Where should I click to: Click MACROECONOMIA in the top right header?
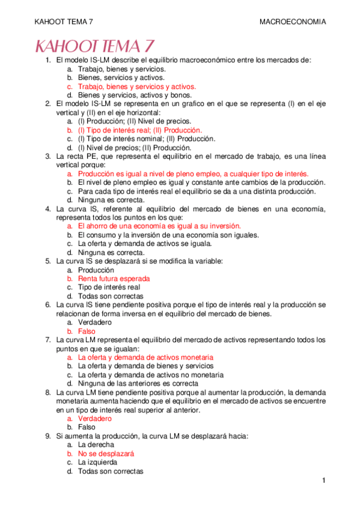tap(293, 22)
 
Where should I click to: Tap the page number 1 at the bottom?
tap(323, 481)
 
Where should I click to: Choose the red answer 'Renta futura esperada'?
tap(114, 279)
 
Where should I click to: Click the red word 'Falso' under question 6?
tap(87, 331)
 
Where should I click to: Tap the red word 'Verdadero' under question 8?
tap(95, 419)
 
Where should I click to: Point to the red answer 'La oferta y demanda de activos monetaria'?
tap(145, 357)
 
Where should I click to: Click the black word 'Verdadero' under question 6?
tap(95, 322)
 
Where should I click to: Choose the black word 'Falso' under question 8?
tap(87, 427)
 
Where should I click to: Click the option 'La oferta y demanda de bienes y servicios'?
tap(146, 366)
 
